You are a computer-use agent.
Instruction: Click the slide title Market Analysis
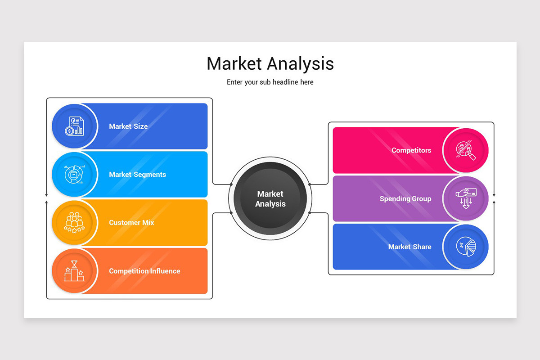(x=270, y=63)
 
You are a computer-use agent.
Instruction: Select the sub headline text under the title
(x=270, y=82)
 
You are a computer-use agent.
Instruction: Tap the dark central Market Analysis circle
(x=270, y=198)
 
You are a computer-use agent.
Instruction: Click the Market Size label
(x=128, y=126)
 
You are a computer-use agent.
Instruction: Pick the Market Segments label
(x=137, y=175)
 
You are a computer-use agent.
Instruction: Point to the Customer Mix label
(x=131, y=223)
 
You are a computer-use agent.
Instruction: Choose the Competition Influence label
(x=144, y=271)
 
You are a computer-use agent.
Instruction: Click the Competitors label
(x=411, y=150)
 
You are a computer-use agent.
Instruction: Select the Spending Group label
(x=405, y=198)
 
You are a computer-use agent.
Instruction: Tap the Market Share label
(x=409, y=247)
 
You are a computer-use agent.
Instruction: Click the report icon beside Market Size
(x=74, y=126)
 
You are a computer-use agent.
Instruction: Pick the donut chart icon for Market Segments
(x=74, y=175)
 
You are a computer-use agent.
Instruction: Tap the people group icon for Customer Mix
(x=74, y=223)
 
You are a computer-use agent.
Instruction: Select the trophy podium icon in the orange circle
(x=74, y=271)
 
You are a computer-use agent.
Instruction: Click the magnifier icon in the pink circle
(x=466, y=150)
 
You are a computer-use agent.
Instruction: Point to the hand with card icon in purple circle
(x=466, y=198)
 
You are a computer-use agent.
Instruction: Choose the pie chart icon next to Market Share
(x=466, y=247)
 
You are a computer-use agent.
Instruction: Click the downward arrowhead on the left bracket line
(x=46, y=195)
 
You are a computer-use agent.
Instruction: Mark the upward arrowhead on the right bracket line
(x=494, y=202)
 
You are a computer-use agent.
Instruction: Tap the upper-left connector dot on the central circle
(x=231, y=184)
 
